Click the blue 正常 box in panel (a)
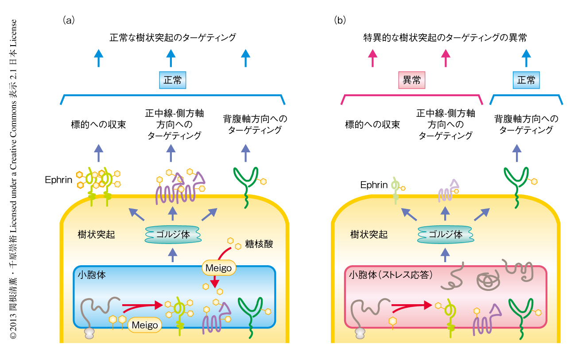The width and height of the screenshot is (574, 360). [x=172, y=80]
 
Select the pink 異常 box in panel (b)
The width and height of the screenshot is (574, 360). [x=412, y=80]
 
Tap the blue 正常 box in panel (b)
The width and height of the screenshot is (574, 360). [x=526, y=80]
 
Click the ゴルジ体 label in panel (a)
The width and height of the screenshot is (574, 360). [x=173, y=234]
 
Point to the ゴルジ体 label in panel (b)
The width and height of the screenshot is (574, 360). [x=445, y=234]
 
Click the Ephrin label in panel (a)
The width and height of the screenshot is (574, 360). [x=58, y=180]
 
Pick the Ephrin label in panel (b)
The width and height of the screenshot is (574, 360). [x=373, y=185]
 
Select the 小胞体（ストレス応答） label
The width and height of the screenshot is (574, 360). [x=390, y=275]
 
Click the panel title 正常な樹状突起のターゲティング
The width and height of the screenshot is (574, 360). [x=173, y=38]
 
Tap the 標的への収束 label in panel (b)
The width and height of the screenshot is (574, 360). [x=372, y=124]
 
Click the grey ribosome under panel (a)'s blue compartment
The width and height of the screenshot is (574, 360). [x=90, y=333]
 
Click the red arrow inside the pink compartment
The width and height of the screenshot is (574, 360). [x=412, y=305]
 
